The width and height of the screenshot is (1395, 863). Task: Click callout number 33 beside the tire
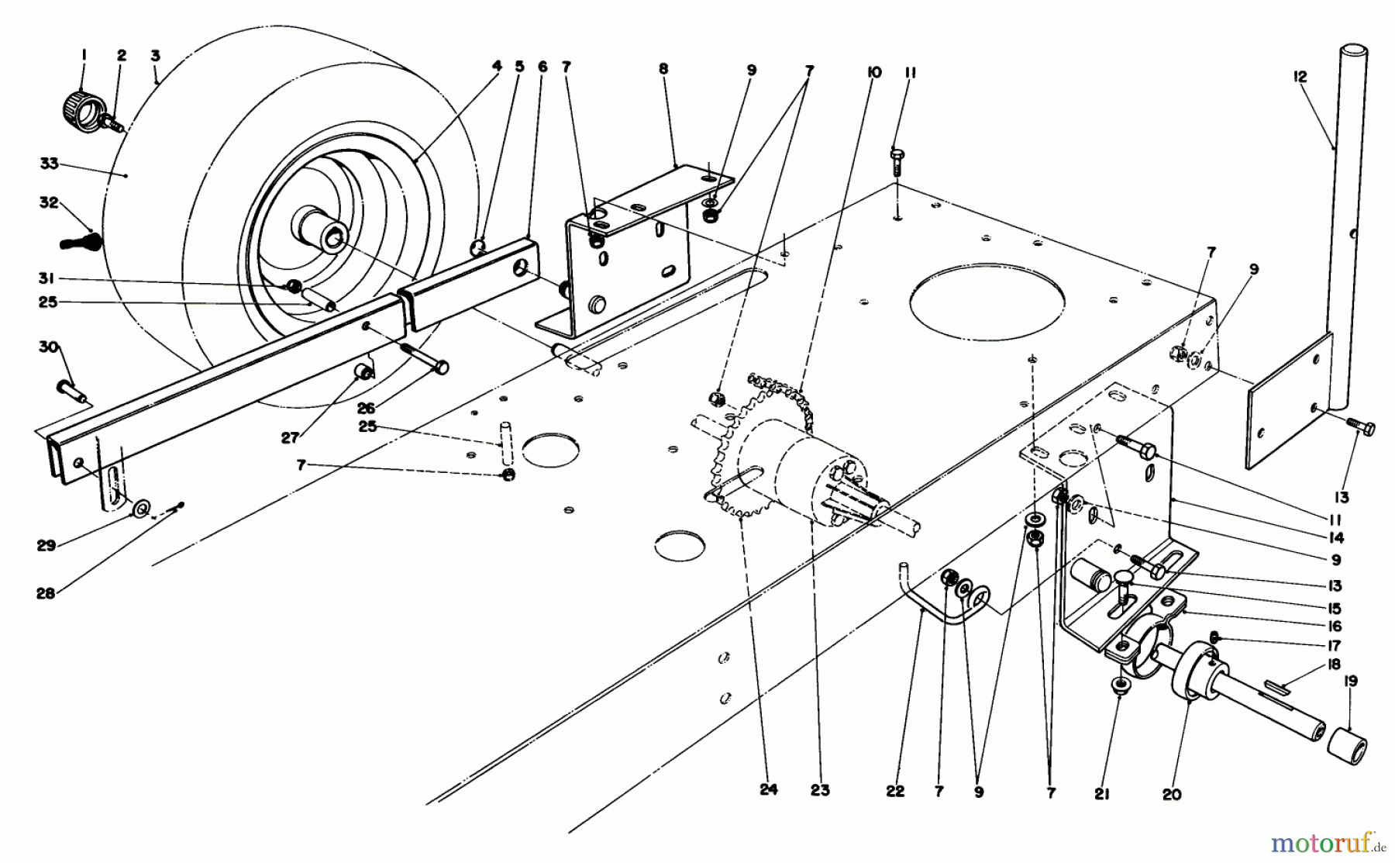(x=49, y=164)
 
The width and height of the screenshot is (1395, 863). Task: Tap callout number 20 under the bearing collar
(x=1172, y=794)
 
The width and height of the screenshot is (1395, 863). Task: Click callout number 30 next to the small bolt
(x=49, y=347)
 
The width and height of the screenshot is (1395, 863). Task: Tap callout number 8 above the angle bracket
(x=663, y=69)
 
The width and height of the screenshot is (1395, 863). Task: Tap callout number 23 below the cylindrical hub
(x=820, y=790)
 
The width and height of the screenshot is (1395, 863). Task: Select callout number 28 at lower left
(x=46, y=593)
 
